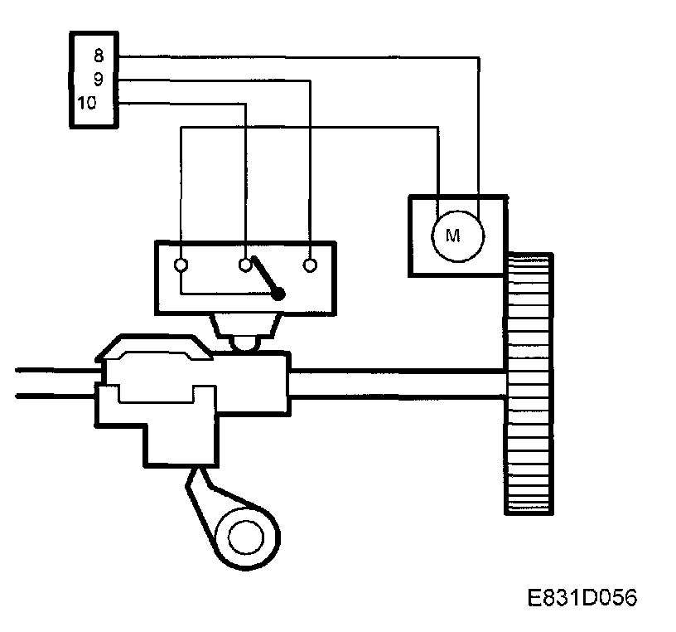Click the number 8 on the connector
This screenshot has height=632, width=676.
(98, 57)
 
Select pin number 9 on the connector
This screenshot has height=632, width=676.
(98, 80)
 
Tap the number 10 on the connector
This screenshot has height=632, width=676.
(87, 103)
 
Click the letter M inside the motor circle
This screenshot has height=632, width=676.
(452, 235)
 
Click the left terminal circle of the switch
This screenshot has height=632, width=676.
(181, 265)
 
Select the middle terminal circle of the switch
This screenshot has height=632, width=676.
(245, 265)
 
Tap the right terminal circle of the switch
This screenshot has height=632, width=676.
(310, 265)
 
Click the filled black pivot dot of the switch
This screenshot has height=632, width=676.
(279, 293)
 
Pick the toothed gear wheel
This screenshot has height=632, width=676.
(529, 382)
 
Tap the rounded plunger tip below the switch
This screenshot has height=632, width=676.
(246, 343)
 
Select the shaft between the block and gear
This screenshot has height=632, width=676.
(398, 382)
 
